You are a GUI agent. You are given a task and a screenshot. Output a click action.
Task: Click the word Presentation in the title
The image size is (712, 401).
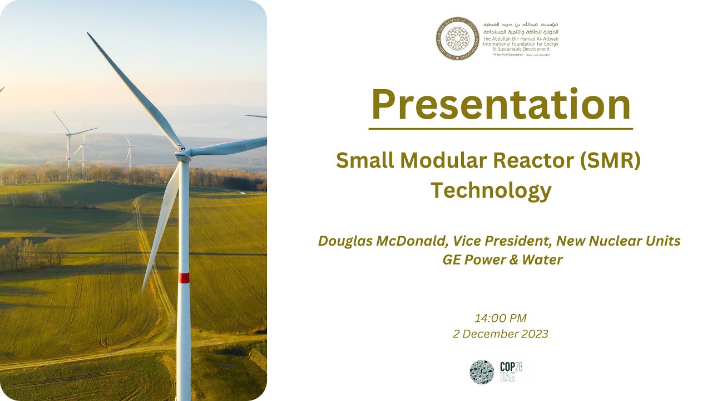click(x=501, y=105)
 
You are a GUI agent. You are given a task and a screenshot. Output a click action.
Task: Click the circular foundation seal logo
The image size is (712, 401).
click(x=457, y=38)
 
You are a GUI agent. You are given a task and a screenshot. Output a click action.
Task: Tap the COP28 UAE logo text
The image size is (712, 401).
click(x=511, y=371)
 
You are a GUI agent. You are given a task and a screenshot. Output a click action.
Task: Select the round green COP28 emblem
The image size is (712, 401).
click(x=482, y=371)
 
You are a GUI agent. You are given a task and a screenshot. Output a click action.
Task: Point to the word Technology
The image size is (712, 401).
click(x=491, y=190)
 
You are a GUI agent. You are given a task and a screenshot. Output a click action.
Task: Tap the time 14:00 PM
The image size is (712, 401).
click(x=500, y=319)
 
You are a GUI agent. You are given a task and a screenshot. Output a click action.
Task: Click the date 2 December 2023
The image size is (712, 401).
click(x=500, y=334)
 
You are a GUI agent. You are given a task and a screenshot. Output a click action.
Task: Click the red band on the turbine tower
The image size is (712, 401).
click(x=184, y=277)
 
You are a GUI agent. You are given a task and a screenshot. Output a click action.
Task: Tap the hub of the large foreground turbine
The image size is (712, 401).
click(x=182, y=152)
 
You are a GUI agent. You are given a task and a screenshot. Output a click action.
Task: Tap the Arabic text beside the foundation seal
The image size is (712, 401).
click(x=521, y=28)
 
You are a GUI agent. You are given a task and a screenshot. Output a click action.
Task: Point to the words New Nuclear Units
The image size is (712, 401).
click(x=618, y=241)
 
